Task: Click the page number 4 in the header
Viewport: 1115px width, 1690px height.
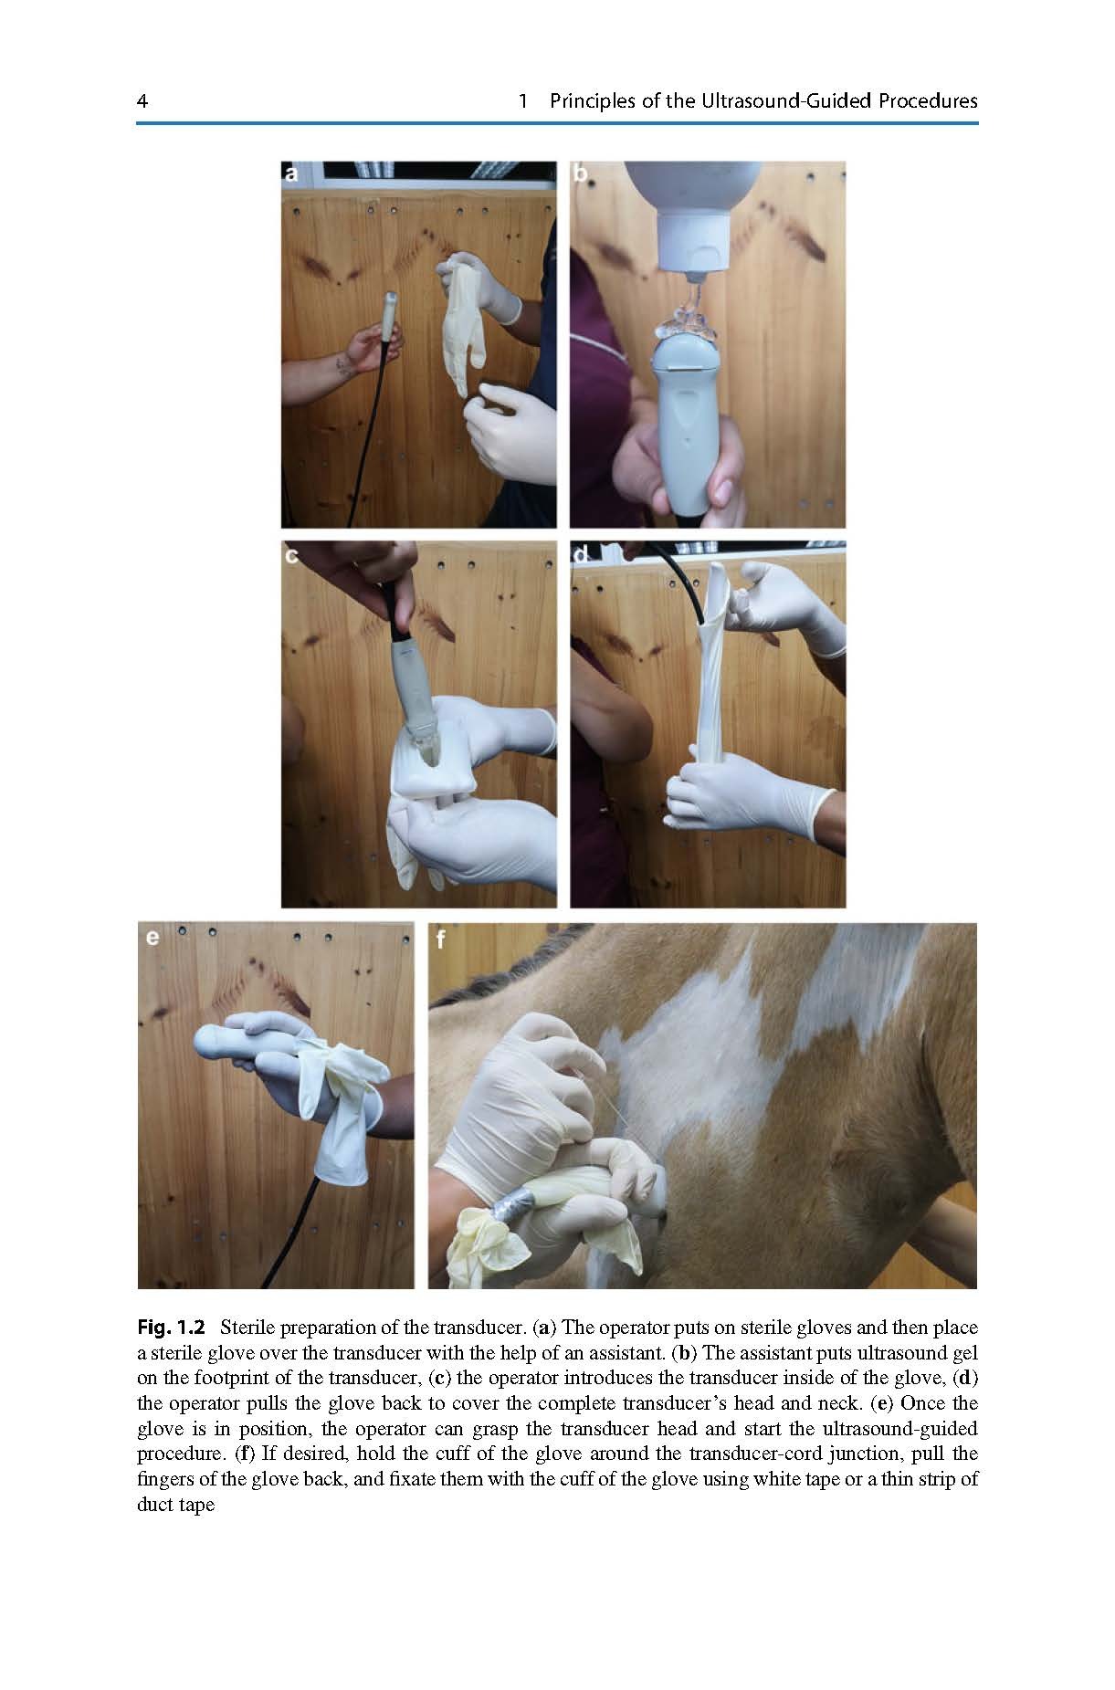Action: click(142, 101)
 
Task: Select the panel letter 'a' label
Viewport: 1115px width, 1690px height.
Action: click(292, 173)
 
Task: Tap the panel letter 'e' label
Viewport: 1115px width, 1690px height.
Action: click(152, 937)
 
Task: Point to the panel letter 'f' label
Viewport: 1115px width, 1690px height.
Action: click(442, 938)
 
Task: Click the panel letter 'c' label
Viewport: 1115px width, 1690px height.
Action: click(292, 555)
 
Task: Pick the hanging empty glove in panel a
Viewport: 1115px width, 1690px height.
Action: click(459, 320)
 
